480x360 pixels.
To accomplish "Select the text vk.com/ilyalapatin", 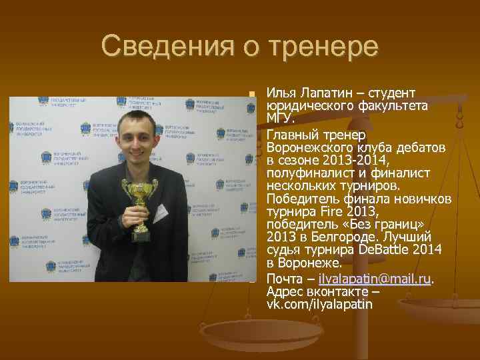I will tap(319, 304).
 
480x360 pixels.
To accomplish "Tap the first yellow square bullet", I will tap(251, 93).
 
